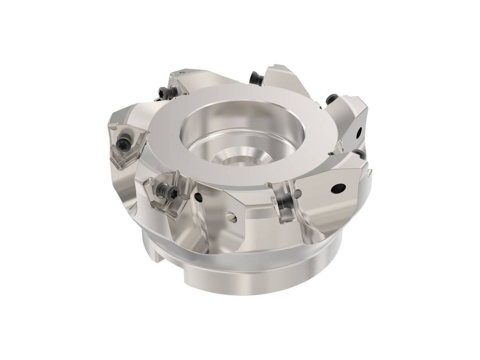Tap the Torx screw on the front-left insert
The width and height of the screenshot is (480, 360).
coord(164,188)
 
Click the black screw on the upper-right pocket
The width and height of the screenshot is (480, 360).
coord(332,98)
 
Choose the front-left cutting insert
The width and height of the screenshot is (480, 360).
coord(168,192)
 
